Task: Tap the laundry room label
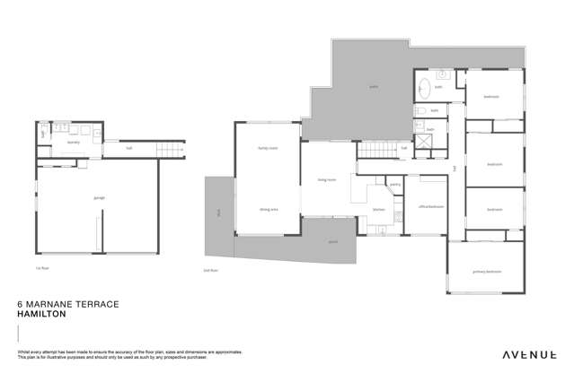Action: [x=74, y=143]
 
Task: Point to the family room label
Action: [x=266, y=149]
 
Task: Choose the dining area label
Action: [x=268, y=209]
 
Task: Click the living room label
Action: [x=326, y=180]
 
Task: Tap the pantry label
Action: [x=395, y=184]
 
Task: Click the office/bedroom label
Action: [x=425, y=206]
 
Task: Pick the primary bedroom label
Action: [x=486, y=271]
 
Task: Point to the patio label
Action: [x=374, y=87]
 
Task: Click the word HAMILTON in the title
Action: [x=44, y=316]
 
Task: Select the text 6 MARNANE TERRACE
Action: [x=68, y=305]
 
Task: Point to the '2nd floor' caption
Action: [x=212, y=269]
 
